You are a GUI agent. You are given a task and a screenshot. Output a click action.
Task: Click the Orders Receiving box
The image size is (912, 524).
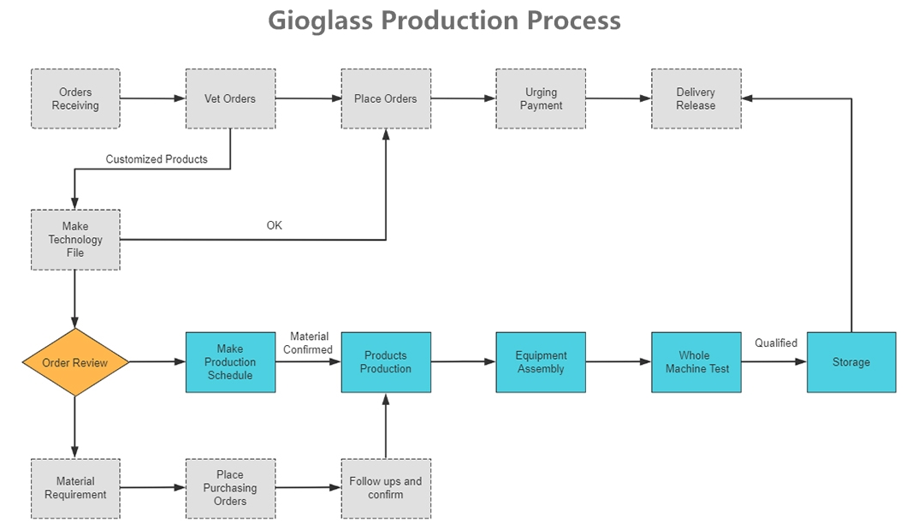[75, 98]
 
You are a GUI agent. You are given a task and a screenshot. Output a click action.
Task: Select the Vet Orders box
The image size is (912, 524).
[230, 98]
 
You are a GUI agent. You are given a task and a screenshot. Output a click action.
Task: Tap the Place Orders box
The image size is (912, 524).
[386, 98]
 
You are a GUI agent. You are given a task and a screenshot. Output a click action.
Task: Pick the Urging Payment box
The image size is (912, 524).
[541, 98]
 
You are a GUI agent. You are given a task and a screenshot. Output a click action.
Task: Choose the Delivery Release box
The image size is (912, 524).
[696, 98]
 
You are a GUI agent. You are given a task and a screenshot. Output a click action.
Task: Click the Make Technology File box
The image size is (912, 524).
[75, 240]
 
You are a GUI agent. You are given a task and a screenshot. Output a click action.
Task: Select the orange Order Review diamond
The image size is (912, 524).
[75, 362]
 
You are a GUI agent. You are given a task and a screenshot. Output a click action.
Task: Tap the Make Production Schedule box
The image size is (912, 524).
[230, 362]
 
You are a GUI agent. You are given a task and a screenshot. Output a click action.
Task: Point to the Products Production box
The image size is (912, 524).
[386, 362]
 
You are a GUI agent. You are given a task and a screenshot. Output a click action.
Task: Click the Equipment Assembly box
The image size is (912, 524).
[541, 362]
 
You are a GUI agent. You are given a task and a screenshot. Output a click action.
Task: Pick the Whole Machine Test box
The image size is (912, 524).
[696, 362]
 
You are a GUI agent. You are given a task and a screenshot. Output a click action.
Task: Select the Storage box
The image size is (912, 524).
[851, 362]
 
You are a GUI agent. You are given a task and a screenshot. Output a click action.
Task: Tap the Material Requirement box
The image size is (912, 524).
[75, 489]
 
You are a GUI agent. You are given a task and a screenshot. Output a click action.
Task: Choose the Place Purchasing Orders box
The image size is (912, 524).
[230, 489]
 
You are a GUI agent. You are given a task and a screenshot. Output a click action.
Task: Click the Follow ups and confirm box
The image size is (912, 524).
[386, 489]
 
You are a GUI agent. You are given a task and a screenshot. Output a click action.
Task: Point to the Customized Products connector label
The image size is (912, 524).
[157, 159]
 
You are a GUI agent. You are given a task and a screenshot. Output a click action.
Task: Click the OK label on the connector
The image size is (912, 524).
[275, 225]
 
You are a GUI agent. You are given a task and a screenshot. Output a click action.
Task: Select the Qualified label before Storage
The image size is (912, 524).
[776, 343]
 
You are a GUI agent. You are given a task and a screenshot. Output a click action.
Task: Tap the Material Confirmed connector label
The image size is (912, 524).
[308, 343]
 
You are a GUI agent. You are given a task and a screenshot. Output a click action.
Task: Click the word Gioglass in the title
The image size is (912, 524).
[320, 21]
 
